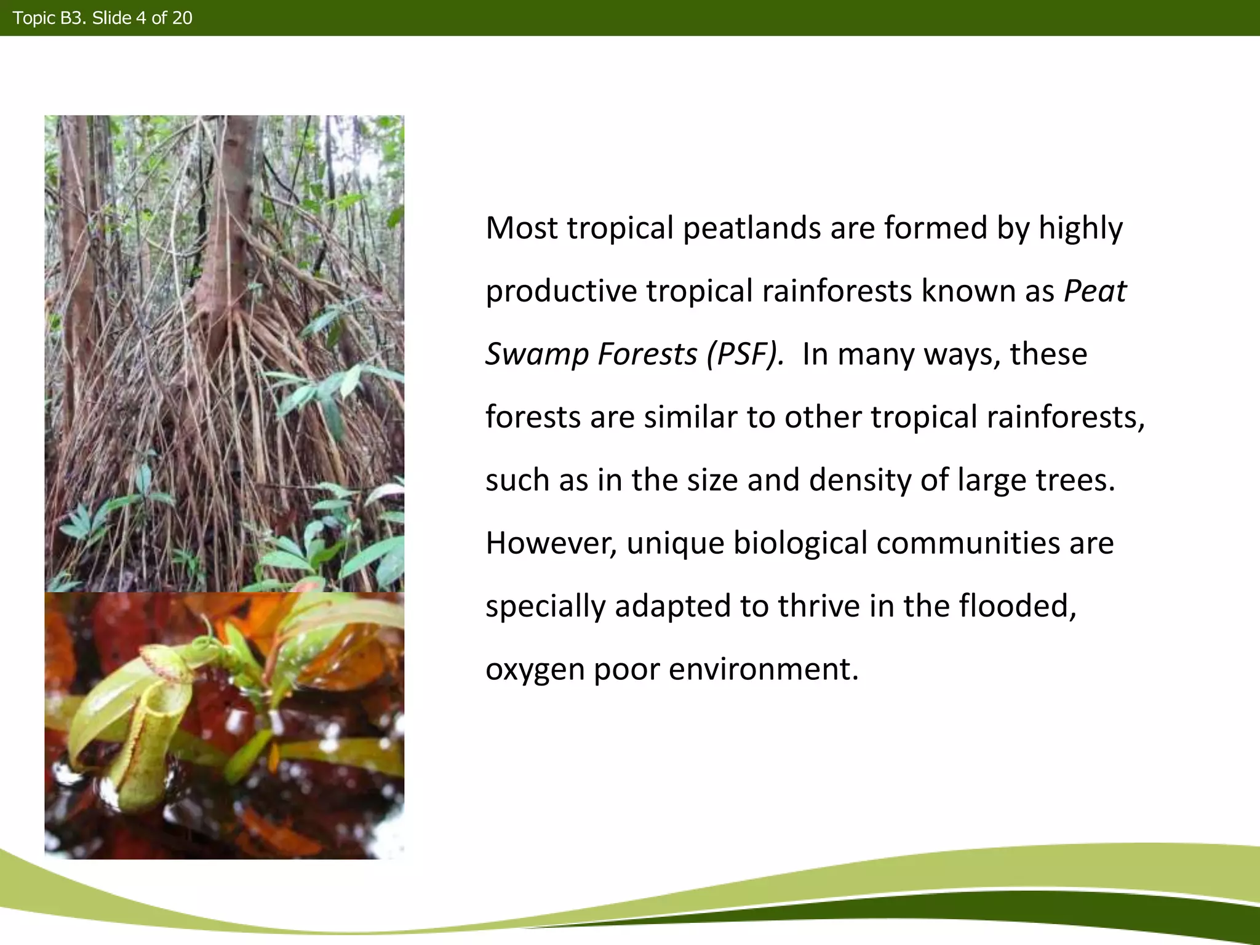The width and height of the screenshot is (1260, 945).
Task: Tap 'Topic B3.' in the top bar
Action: coord(49,18)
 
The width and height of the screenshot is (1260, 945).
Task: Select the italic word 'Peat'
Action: coord(1095,291)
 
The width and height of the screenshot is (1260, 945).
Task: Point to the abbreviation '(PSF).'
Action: coord(745,354)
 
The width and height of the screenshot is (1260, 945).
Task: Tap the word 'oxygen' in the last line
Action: coord(535,669)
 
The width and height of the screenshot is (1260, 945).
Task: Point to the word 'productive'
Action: coord(560,291)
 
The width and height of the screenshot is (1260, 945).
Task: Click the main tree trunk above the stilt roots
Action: coord(231,203)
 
